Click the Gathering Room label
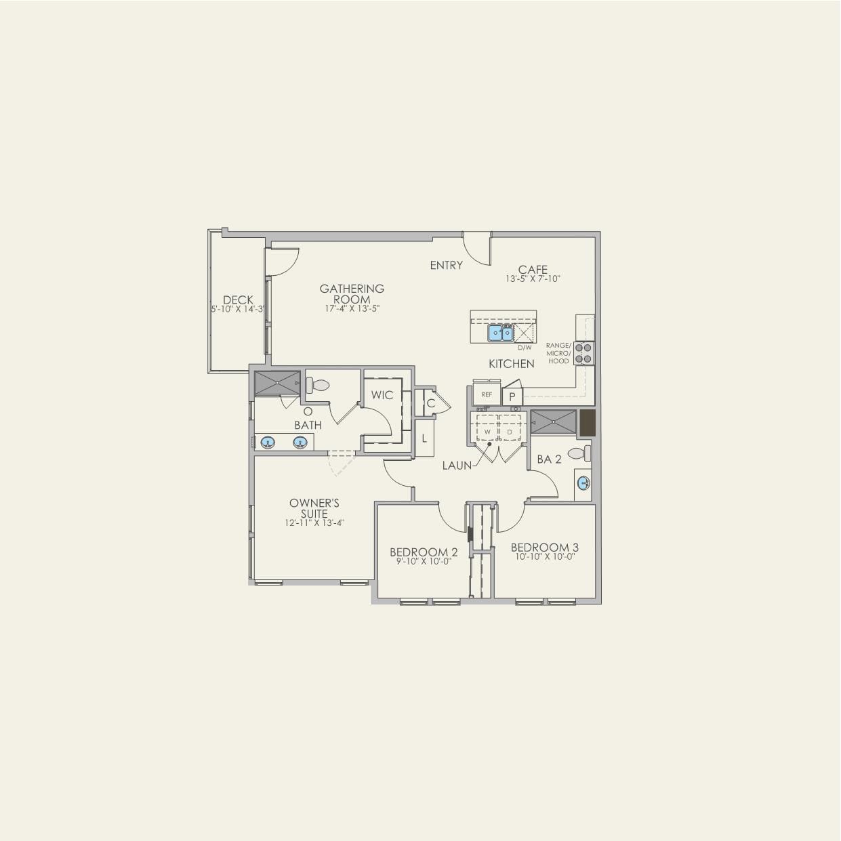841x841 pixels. (x=352, y=293)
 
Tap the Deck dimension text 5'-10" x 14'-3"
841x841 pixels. (x=237, y=310)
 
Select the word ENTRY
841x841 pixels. (x=446, y=265)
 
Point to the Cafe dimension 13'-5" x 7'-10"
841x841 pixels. (x=533, y=279)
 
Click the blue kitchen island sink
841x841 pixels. (x=501, y=333)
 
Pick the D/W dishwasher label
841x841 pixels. (x=525, y=348)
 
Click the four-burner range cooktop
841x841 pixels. (x=583, y=353)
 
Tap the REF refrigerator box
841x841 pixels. (x=487, y=394)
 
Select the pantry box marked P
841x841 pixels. (x=512, y=396)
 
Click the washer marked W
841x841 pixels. (x=487, y=431)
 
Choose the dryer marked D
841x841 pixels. (x=510, y=431)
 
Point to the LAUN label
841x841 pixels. (x=457, y=466)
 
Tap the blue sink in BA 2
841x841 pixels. (x=583, y=483)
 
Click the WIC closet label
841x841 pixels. (x=382, y=395)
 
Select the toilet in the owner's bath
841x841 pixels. (x=316, y=385)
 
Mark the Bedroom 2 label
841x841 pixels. (x=424, y=552)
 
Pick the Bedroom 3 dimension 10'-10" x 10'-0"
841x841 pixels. (x=544, y=556)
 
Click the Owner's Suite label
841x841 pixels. (x=314, y=508)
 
